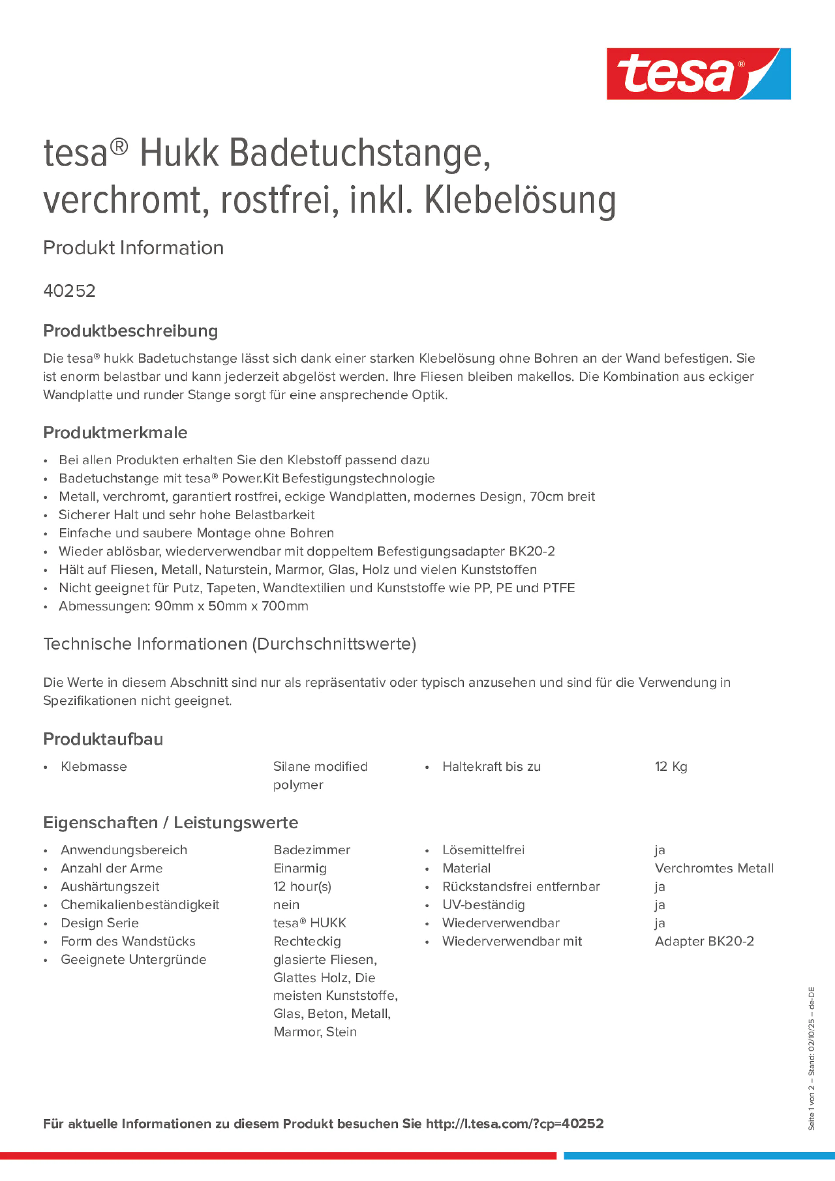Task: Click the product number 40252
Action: coord(69,291)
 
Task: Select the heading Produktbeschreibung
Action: coord(130,331)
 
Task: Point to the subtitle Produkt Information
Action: coord(133,248)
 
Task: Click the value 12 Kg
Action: coord(670,766)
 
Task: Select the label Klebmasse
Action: coord(94,766)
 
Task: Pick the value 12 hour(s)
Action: coord(302,886)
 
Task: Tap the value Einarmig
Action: coord(300,868)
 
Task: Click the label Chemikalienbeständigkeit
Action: coord(139,905)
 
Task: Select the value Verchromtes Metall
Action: coord(713,868)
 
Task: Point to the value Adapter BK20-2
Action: coord(704,941)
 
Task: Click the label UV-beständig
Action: coord(483,905)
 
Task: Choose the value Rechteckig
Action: coord(307,941)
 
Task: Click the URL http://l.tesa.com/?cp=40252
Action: coord(514,1124)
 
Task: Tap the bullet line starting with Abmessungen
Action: coord(183,606)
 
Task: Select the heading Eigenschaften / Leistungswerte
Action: coord(170,822)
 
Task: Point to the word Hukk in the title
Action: coord(179,153)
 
